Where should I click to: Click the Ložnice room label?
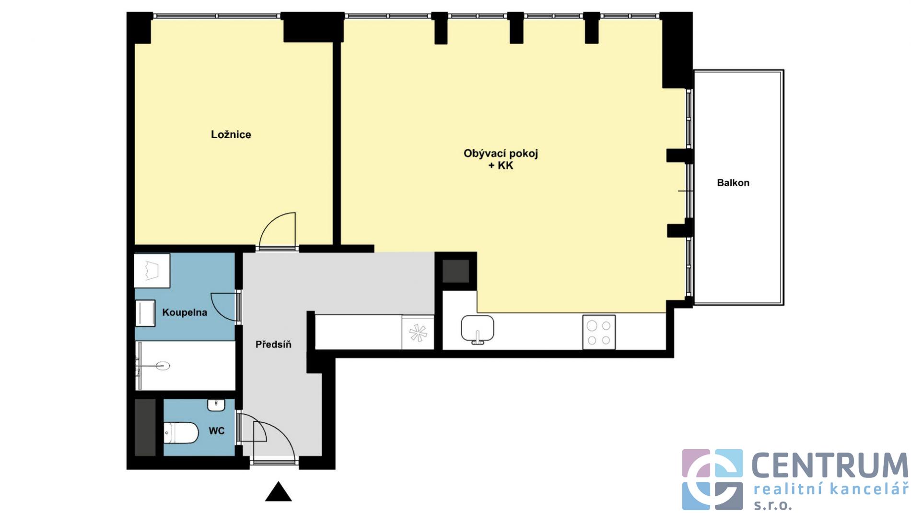(231, 134)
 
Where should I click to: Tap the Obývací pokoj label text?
(501, 154)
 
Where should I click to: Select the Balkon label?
(733, 183)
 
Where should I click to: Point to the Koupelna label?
(185, 313)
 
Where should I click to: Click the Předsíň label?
(273, 344)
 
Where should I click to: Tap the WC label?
(217, 431)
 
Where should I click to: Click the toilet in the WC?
(181, 433)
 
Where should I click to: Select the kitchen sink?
(478, 330)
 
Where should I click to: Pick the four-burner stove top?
(599, 332)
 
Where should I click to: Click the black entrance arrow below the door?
(279, 492)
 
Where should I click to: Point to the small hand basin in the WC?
(216, 405)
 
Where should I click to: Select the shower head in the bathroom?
(163, 366)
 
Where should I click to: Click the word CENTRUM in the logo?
(829, 465)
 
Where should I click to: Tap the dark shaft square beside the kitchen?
(455, 271)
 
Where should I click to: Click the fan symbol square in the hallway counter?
(418, 333)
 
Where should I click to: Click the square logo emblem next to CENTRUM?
(712, 479)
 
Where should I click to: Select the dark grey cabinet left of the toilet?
(145, 427)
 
